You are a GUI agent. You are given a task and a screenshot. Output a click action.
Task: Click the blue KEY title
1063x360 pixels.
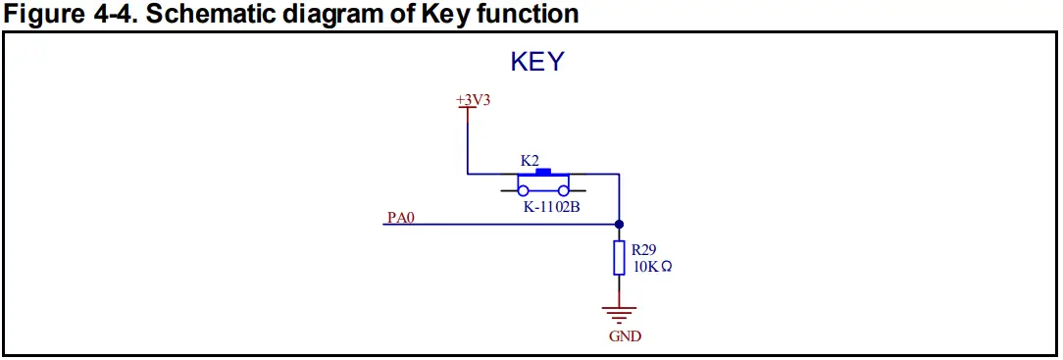click(537, 62)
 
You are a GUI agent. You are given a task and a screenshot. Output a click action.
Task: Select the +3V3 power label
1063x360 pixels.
click(473, 100)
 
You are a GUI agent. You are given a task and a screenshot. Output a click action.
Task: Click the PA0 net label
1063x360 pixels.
click(401, 218)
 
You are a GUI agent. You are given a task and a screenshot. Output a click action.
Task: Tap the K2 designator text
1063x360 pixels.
click(530, 160)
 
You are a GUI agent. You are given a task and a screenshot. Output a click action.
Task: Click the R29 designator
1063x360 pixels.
click(644, 250)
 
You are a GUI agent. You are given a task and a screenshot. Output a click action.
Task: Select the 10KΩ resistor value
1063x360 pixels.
click(652, 266)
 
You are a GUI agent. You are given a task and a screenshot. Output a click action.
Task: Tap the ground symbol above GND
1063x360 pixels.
click(619, 313)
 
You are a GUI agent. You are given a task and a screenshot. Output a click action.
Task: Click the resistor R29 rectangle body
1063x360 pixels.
click(619, 258)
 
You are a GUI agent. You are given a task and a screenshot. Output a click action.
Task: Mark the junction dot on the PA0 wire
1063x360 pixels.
click(619, 225)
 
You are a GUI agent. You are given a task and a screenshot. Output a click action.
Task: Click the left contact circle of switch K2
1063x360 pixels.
click(524, 190)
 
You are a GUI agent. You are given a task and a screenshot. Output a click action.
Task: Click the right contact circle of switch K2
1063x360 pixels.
click(564, 190)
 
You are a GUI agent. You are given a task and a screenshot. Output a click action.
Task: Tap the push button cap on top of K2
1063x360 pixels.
click(543, 172)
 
